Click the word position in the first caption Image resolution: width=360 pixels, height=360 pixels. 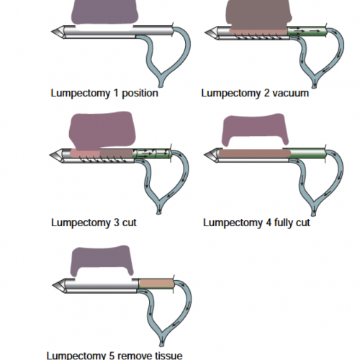click(x=140, y=94)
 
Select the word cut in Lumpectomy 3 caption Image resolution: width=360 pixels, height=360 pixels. click(x=129, y=222)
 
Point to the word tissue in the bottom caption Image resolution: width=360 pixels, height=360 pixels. click(x=168, y=356)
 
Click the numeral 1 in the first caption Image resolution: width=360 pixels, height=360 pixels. click(x=116, y=93)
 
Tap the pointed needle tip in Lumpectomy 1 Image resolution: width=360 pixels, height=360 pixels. click(x=52, y=32)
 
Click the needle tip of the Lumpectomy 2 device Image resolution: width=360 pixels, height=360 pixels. click(x=205, y=32)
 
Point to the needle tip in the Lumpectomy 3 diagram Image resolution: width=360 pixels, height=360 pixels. click(x=50, y=156)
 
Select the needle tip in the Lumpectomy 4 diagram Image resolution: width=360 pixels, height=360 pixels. click(x=204, y=155)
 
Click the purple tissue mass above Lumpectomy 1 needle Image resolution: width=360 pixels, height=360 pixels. click(x=104, y=12)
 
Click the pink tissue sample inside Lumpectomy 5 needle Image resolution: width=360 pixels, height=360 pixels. click(x=157, y=284)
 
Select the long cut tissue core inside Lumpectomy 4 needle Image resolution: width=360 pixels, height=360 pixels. click(x=255, y=153)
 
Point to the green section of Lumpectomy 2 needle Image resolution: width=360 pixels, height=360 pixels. click(x=307, y=32)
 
